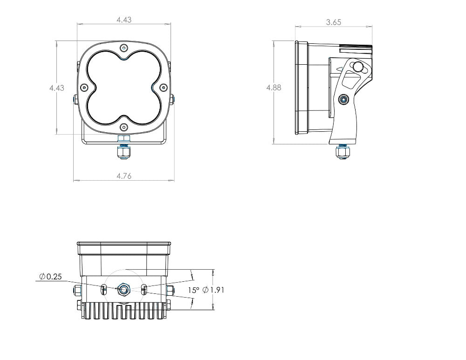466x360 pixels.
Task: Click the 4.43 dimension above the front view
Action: point(123,20)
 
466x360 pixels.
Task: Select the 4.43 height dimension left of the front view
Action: point(57,88)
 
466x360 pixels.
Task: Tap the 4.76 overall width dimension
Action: point(123,176)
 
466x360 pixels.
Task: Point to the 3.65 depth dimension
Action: point(334,22)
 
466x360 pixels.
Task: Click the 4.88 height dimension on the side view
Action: point(274,88)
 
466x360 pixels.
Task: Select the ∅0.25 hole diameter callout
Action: point(50,277)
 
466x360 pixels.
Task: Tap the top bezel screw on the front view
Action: point(123,48)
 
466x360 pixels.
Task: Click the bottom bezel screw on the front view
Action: point(123,127)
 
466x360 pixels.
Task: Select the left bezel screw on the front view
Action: point(84,87)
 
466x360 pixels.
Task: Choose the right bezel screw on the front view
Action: point(163,87)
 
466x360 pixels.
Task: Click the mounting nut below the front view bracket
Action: point(123,152)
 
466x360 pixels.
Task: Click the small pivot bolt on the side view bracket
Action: point(343,99)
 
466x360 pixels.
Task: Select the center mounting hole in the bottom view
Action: point(123,290)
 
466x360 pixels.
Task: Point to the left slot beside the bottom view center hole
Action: point(104,290)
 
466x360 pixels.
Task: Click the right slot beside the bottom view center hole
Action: point(144,290)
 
